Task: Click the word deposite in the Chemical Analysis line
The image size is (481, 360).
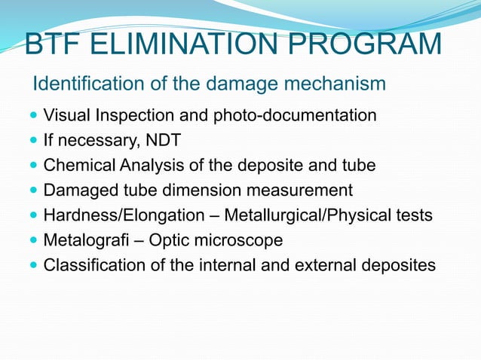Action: point(265,166)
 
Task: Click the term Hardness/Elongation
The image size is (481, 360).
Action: point(124,215)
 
